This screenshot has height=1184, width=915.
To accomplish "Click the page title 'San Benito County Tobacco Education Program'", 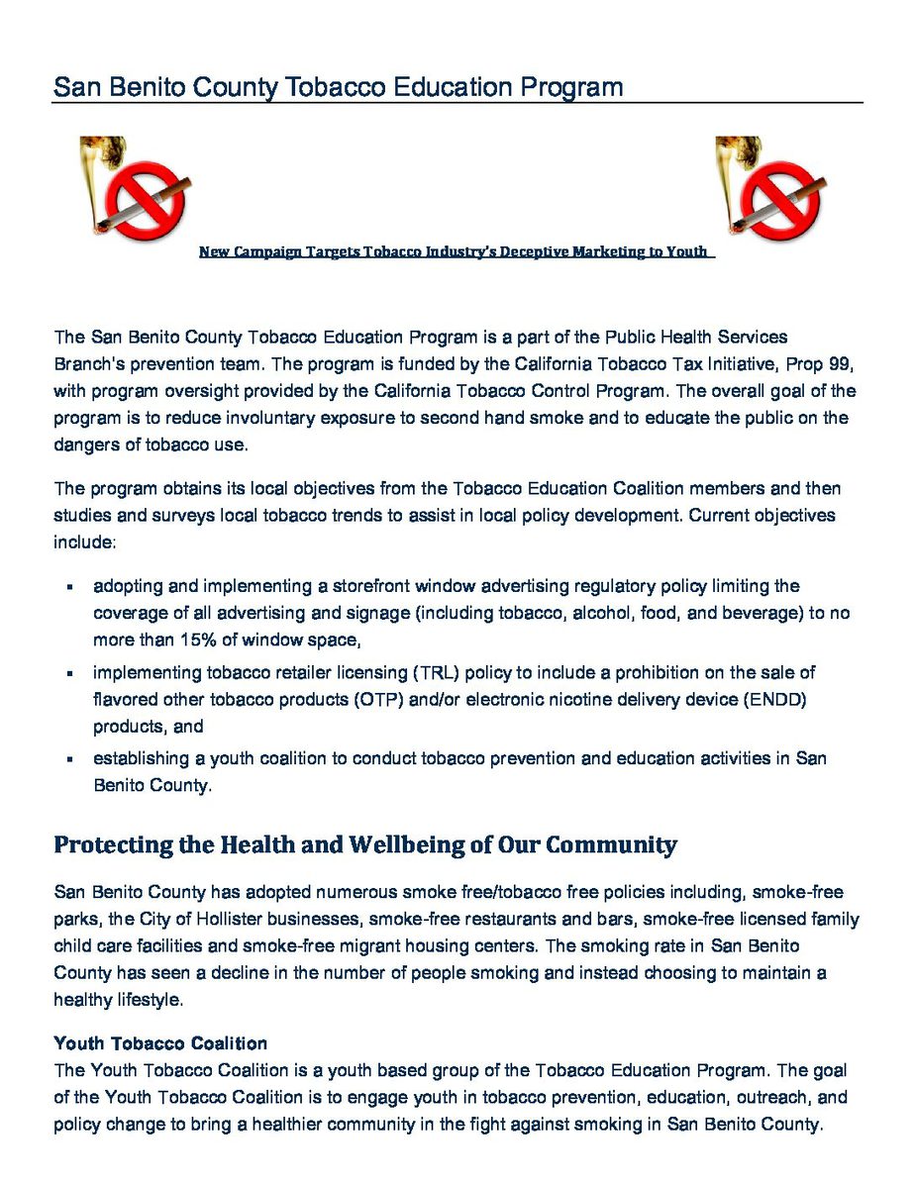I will click(x=339, y=87).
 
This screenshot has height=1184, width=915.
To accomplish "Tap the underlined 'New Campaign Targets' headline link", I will click(x=454, y=251).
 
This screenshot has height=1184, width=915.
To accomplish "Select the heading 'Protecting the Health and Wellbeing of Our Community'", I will click(x=365, y=845).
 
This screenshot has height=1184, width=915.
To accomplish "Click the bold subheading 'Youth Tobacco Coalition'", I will click(x=160, y=1043).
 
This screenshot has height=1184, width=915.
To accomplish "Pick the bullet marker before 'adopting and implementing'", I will click(x=70, y=588).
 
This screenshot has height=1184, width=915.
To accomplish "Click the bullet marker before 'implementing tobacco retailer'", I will click(x=70, y=674).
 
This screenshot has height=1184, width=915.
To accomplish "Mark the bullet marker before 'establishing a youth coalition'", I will click(x=70, y=760).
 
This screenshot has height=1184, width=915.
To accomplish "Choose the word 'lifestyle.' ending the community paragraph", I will click(x=148, y=1000).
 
